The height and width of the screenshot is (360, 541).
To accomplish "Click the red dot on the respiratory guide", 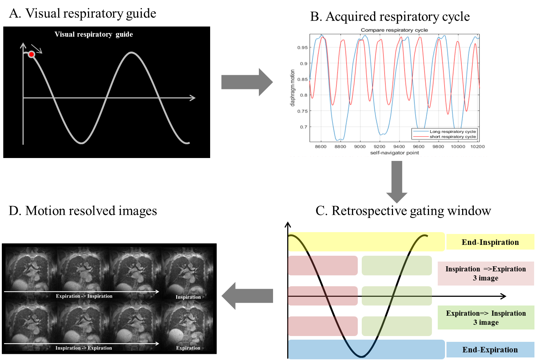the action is coord(32,54).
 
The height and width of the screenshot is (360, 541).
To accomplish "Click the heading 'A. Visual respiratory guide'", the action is coord(83,13).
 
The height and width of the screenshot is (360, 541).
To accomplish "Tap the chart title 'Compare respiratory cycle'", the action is coord(394,30).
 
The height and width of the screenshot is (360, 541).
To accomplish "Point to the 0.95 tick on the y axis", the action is coord(302,48).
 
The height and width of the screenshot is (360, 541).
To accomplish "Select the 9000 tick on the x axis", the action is coord(360,147).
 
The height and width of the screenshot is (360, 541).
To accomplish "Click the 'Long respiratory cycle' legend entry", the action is coord(453,132).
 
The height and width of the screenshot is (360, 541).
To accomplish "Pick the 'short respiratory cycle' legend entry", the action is coord(453,137).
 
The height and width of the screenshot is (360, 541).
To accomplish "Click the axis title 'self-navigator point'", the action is coord(394,153).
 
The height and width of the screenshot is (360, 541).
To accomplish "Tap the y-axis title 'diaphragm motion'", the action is coord(293,88).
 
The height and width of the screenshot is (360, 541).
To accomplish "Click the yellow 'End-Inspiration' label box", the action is coord(490,242).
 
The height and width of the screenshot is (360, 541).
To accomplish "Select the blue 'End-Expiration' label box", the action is coord(490,350).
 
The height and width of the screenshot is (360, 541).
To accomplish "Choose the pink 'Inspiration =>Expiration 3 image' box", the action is coord(486,274).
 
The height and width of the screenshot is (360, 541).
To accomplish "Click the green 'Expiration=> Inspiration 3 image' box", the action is coord(486,318).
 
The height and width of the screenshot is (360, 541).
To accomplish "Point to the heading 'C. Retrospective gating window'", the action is coord(403,211).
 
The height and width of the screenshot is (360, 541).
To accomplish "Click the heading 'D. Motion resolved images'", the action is coord(83,211).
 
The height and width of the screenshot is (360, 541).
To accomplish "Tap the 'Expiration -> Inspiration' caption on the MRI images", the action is coord(84,296).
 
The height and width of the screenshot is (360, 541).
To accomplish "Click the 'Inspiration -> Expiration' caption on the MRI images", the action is coord(84,348).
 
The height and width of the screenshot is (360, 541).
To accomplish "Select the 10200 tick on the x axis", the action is coord(477,147).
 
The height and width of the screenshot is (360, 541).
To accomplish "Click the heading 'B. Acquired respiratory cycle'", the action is coord(390,17).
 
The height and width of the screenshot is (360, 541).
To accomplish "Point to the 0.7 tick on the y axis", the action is coord(304,127).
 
